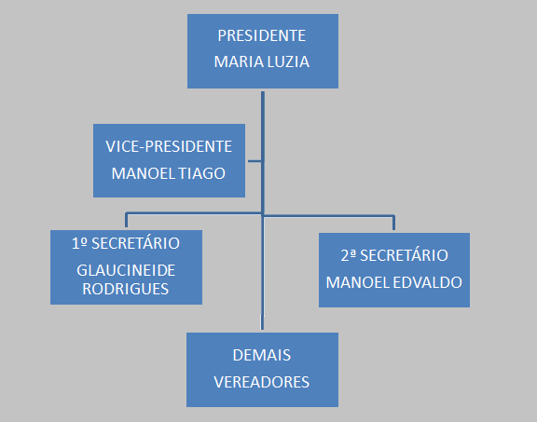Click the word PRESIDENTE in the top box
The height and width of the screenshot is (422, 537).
point(262,35)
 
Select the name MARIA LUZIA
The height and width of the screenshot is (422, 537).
point(262,61)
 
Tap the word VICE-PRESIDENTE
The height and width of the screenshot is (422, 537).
point(169,146)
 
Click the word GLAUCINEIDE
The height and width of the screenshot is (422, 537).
point(126,270)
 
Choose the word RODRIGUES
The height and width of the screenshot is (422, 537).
point(126,289)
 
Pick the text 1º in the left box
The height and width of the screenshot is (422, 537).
point(79,243)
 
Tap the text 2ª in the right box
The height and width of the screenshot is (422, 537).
point(349,255)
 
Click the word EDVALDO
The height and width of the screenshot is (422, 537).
point(427,282)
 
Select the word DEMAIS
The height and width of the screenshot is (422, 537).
point(262,355)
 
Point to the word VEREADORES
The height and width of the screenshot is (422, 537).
point(262,382)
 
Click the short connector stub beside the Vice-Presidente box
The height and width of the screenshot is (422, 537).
point(255,161)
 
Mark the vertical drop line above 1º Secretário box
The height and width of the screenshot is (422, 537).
point(127,220)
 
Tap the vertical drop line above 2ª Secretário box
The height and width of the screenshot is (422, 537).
point(393,223)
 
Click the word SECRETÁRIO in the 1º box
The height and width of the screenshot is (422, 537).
point(135,243)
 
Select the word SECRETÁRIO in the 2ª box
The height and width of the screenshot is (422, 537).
point(404,255)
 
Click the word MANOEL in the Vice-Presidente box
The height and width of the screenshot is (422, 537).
point(144,173)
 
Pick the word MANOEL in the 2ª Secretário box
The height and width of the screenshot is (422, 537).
point(358,282)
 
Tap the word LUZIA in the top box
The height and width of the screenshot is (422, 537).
point(288,61)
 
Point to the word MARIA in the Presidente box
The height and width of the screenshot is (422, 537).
point(239,61)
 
